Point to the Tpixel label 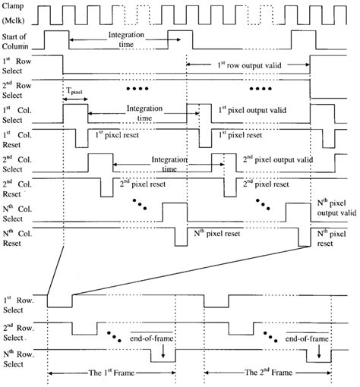click(75, 90)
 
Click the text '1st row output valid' click(248, 65)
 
